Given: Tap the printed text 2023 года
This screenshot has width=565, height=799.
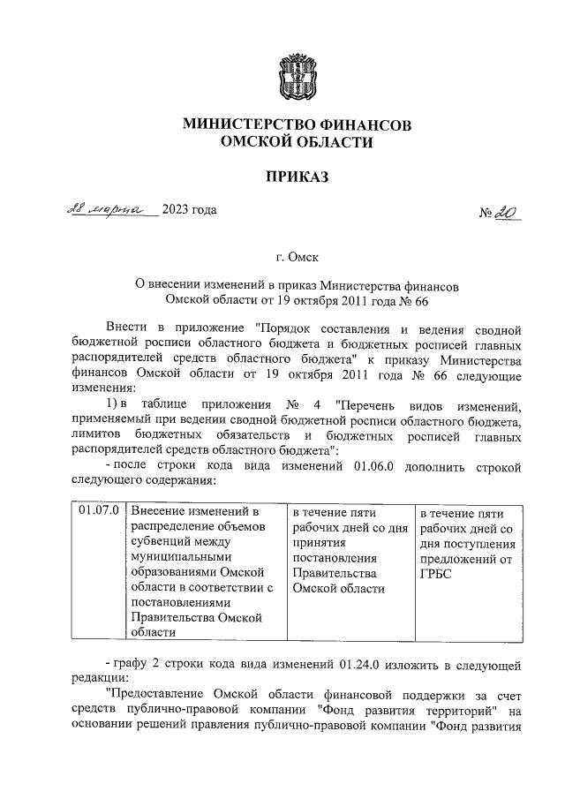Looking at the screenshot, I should click(x=189, y=210).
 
